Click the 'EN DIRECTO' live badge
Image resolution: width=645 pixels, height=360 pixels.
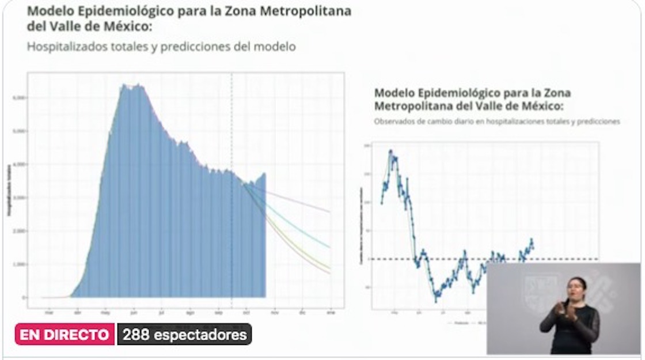point(64,335)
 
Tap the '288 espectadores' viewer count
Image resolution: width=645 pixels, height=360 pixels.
point(184,335)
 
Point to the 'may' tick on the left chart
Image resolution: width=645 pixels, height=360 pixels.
point(105,313)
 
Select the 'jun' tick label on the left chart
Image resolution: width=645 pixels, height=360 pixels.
point(133,313)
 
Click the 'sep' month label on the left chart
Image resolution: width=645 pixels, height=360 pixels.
point(218,313)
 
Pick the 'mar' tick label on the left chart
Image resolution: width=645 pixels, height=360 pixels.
point(49,313)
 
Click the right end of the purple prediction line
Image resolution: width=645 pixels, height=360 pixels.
point(330,212)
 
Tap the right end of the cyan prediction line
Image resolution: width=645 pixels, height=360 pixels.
point(330,247)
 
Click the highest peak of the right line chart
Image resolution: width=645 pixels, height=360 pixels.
point(390,151)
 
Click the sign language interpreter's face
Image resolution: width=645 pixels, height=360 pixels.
point(576,286)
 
